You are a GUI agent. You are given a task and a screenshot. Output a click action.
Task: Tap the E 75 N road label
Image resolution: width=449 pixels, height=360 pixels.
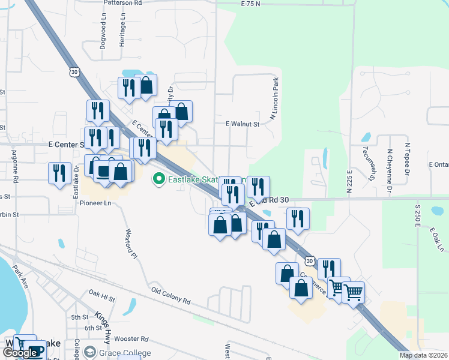click(x=250, y=4)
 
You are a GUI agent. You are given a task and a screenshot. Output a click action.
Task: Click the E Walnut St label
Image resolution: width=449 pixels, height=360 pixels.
click(x=242, y=124)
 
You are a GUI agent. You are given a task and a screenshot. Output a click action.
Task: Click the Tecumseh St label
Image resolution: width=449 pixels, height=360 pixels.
click(x=365, y=160)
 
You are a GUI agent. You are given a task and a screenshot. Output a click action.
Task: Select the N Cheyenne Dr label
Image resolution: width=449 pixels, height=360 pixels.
click(x=390, y=172)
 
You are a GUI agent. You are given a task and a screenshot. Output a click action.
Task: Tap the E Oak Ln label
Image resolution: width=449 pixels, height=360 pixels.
click(x=436, y=239)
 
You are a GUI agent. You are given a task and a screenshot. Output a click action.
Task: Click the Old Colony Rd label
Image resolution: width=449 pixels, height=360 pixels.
click(x=170, y=294)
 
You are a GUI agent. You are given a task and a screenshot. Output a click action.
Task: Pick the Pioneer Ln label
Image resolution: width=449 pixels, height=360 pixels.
click(x=96, y=203)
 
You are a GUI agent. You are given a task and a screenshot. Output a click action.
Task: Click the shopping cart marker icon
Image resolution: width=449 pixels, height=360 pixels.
click(x=352, y=292)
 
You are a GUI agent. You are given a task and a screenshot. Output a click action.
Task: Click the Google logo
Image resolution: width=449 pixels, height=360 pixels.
click(x=20, y=353)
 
